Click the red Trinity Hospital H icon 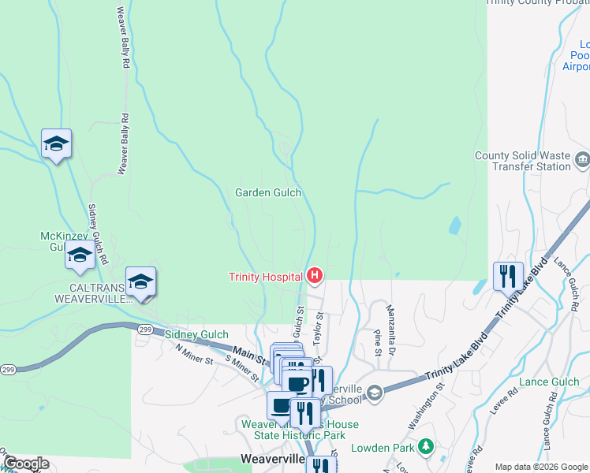click(x=315, y=276)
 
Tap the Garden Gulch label click(x=268, y=192)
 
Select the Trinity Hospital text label click(x=266, y=277)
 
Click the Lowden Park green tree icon click(x=426, y=447)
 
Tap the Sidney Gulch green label click(x=196, y=335)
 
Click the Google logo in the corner click(x=26, y=464)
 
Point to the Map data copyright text click(x=542, y=467)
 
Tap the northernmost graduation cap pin click(x=56, y=143)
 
